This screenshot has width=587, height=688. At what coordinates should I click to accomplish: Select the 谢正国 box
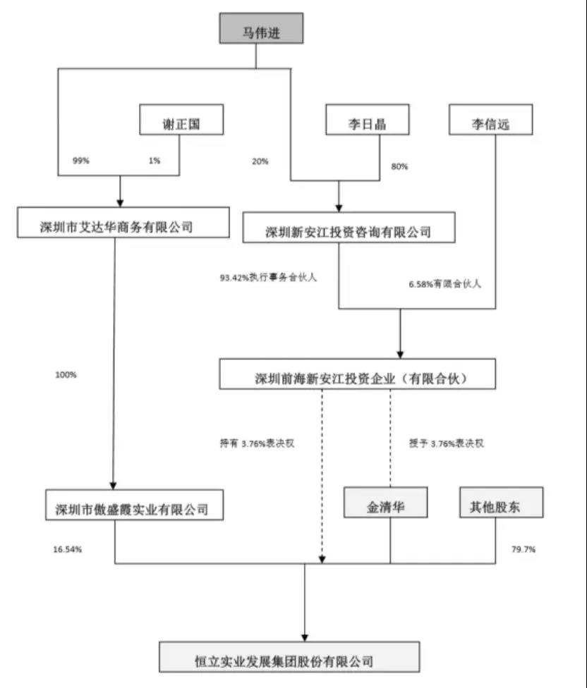(181, 121)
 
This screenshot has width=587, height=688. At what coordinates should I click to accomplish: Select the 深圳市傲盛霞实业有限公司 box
(134, 505)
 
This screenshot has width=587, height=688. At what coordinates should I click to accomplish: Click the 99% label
(80, 161)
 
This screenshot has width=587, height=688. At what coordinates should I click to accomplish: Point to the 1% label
(155, 161)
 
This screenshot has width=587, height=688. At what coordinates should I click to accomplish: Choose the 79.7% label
(519, 548)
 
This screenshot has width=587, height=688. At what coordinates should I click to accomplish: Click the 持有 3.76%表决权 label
(262, 444)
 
